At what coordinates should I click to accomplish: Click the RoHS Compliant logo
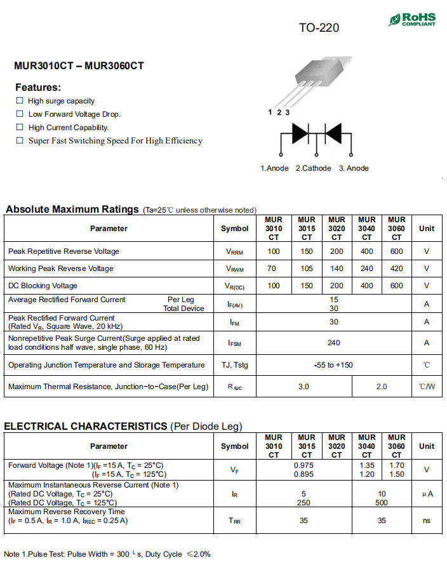pyautogui.click(x=412, y=19)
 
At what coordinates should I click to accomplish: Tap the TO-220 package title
pyautogui.click(x=319, y=28)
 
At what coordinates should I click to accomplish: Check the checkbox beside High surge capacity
pyautogui.click(x=20, y=100)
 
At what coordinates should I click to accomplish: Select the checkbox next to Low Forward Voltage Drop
pyautogui.click(x=20, y=114)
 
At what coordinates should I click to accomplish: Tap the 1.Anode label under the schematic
pyautogui.click(x=274, y=168)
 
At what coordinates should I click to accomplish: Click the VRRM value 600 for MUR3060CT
pyautogui.click(x=396, y=251)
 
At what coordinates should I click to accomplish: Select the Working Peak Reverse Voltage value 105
pyautogui.click(x=307, y=269)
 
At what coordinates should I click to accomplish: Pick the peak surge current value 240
pyautogui.click(x=333, y=343)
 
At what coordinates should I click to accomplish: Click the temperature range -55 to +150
pyautogui.click(x=333, y=365)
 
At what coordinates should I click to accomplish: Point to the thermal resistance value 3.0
pyautogui.click(x=304, y=387)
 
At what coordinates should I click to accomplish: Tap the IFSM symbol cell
pyautogui.click(x=235, y=343)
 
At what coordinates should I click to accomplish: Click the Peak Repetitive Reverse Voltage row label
pyautogui.click(x=63, y=251)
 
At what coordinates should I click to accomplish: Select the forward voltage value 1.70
pyautogui.click(x=396, y=465)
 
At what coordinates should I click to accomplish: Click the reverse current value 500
pyautogui.click(x=382, y=502)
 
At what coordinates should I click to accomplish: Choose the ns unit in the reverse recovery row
pyautogui.click(x=426, y=521)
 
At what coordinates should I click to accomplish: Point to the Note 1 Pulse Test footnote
pyautogui.click(x=107, y=554)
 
